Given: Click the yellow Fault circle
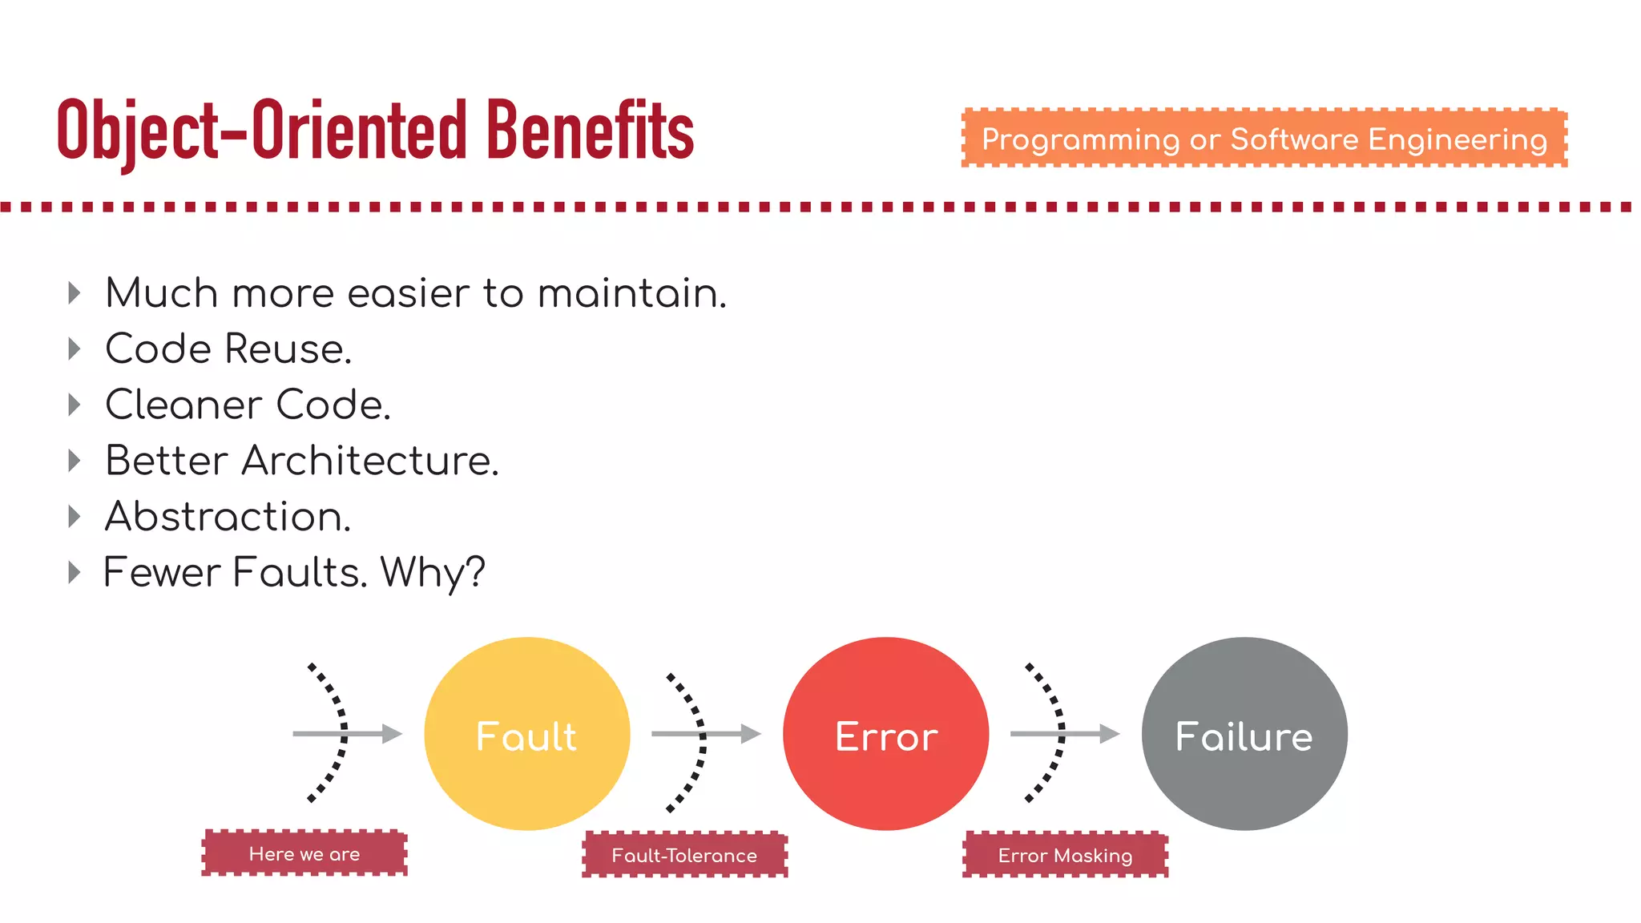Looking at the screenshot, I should (x=526, y=734).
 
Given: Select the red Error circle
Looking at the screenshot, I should (x=885, y=734).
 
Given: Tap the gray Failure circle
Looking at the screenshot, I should (x=1244, y=734).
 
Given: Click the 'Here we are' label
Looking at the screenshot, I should (x=304, y=853).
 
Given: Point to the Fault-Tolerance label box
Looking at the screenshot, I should (x=684, y=855).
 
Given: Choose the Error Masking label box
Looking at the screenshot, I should (x=1065, y=855).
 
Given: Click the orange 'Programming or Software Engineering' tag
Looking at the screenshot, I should (x=1264, y=139).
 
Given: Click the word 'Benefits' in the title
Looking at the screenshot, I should (x=590, y=131).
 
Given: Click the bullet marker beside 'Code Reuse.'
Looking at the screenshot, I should (x=75, y=349).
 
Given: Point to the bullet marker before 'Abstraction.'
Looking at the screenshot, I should (x=75, y=516).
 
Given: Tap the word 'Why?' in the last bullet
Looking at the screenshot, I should (x=433, y=573).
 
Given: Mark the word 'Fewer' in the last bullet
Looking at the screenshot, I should (x=162, y=573).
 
